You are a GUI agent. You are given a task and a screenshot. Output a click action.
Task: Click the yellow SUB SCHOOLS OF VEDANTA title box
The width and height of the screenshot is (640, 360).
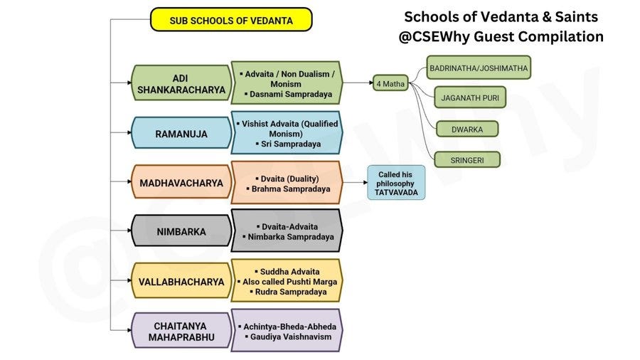click(x=231, y=20)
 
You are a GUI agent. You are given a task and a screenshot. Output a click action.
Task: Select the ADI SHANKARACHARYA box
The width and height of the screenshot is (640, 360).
click(x=180, y=83)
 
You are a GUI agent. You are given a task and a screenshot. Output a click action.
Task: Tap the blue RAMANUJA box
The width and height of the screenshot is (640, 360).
click(x=180, y=133)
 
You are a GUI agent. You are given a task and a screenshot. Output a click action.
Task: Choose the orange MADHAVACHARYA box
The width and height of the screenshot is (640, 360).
click(x=181, y=183)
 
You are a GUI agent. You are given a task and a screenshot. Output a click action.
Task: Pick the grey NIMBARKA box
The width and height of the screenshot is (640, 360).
click(x=181, y=231)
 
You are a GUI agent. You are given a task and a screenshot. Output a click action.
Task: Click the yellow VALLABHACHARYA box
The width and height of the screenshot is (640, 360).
click(x=181, y=282)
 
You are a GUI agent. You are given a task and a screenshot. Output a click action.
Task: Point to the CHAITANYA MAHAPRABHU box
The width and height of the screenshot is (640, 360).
click(x=180, y=330)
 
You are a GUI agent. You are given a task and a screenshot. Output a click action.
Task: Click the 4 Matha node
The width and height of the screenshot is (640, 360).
click(x=390, y=83)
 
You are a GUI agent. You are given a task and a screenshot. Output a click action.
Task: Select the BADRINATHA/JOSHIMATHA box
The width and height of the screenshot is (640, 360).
click(x=479, y=68)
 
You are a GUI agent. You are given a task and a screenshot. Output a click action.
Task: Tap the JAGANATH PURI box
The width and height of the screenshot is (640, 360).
click(x=469, y=97)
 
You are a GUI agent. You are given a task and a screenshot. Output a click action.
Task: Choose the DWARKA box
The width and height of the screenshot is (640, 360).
click(x=466, y=129)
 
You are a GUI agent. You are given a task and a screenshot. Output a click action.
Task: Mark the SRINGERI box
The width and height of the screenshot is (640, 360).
click(x=467, y=160)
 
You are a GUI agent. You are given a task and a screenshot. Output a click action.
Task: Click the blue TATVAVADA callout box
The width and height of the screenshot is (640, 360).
click(x=395, y=182)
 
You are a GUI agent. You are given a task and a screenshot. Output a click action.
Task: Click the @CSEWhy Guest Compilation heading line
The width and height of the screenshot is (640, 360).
click(x=501, y=36)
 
